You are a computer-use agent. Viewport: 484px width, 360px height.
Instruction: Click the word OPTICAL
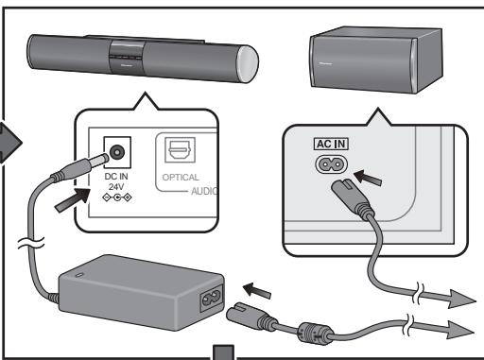tap(181, 177)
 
